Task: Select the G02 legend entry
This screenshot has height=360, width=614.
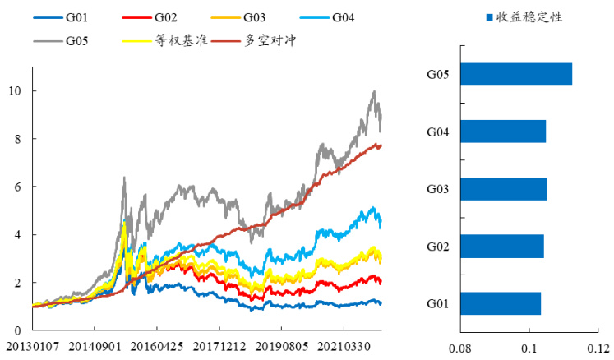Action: (168, 16)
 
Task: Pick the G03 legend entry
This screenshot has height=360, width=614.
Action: (257, 16)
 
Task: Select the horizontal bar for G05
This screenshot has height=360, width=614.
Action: (516, 74)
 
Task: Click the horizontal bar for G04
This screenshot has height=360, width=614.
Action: (503, 132)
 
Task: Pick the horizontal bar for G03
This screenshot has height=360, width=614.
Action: (503, 189)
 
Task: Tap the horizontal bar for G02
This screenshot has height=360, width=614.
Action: (502, 247)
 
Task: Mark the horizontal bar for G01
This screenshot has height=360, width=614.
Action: (501, 303)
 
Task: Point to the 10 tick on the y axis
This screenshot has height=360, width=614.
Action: (16, 90)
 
